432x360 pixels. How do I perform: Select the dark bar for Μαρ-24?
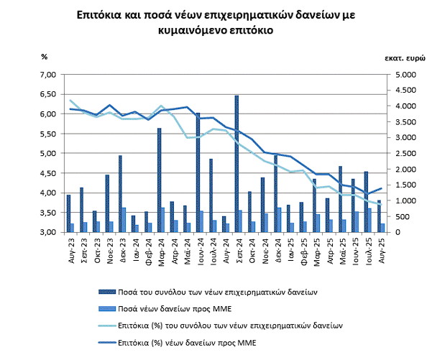pos(159,180)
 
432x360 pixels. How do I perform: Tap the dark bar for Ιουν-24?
pos(198,172)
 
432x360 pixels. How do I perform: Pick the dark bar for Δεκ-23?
pos(120,194)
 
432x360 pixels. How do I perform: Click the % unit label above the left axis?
pos(44,56)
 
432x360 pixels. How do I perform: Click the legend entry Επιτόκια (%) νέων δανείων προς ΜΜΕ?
pos(194,343)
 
